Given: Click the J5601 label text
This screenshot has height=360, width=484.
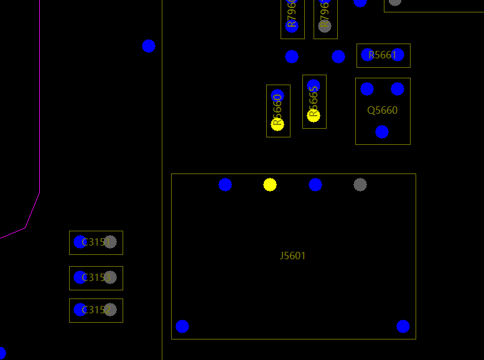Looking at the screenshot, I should (292, 256).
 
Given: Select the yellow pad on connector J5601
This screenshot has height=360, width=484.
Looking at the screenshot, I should (269, 185).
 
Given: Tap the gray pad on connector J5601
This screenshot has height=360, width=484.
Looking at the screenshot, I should (360, 185).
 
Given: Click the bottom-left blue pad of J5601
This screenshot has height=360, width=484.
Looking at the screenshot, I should (182, 326).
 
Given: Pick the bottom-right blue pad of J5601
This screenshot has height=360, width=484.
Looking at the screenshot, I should (403, 326).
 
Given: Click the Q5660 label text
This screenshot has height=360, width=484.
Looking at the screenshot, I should (382, 110).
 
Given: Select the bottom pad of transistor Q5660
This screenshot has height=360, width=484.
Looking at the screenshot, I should (382, 132).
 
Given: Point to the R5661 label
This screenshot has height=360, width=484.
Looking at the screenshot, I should (382, 55).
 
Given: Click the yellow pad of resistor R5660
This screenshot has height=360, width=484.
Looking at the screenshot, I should (277, 124).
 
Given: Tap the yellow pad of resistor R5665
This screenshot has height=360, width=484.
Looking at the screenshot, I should (314, 115).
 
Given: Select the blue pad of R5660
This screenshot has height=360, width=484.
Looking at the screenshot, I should (277, 96).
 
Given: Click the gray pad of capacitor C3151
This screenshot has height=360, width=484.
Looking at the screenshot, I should (110, 242).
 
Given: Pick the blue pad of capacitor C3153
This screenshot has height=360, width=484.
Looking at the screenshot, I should (80, 277).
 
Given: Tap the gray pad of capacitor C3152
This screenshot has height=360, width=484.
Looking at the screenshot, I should (110, 310).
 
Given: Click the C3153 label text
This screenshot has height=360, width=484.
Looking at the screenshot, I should (96, 277).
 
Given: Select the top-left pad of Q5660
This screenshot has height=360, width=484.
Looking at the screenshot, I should (367, 89).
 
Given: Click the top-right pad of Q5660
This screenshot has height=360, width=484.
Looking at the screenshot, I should (398, 89).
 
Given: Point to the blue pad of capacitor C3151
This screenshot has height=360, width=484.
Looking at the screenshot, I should (80, 242).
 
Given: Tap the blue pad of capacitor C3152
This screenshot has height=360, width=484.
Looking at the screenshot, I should (80, 310).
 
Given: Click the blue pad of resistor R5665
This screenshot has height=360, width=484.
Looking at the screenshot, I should (314, 85).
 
